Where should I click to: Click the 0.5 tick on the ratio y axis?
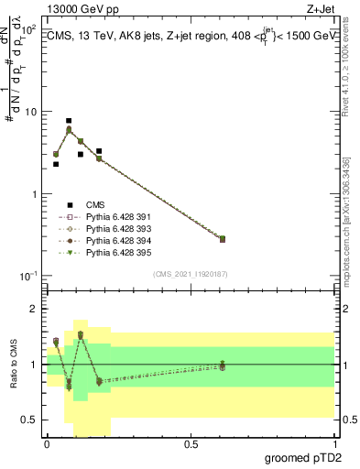(30, 420)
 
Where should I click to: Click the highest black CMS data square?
(69, 121)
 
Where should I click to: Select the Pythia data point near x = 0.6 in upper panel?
(223, 239)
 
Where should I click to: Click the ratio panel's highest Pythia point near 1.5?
(81, 334)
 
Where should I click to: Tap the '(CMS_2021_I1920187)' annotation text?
(190, 274)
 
